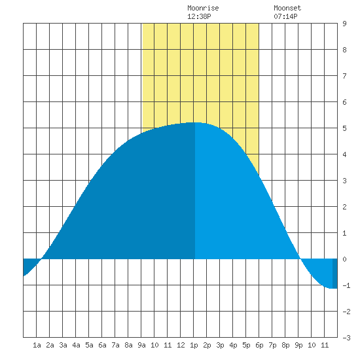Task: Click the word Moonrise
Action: click(203, 8)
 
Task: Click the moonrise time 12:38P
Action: click(199, 16)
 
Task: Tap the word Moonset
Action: click(287, 8)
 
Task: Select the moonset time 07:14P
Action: click(285, 16)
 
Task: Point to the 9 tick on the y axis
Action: click(344, 24)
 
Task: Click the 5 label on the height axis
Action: click(344, 128)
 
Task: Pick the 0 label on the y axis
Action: click(344, 259)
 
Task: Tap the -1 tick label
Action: click(346, 285)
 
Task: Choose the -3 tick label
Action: click(346, 338)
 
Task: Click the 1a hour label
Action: click(37, 345)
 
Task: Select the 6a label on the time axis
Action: click(102, 345)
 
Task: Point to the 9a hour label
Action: click(141, 345)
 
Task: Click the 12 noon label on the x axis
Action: click(181, 345)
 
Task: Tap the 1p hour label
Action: click(194, 345)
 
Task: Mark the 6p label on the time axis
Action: click(259, 345)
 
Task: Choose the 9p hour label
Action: click(298, 345)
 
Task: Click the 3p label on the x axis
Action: click(220, 345)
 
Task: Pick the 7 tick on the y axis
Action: click(344, 76)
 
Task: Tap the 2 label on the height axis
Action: click(344, 207)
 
